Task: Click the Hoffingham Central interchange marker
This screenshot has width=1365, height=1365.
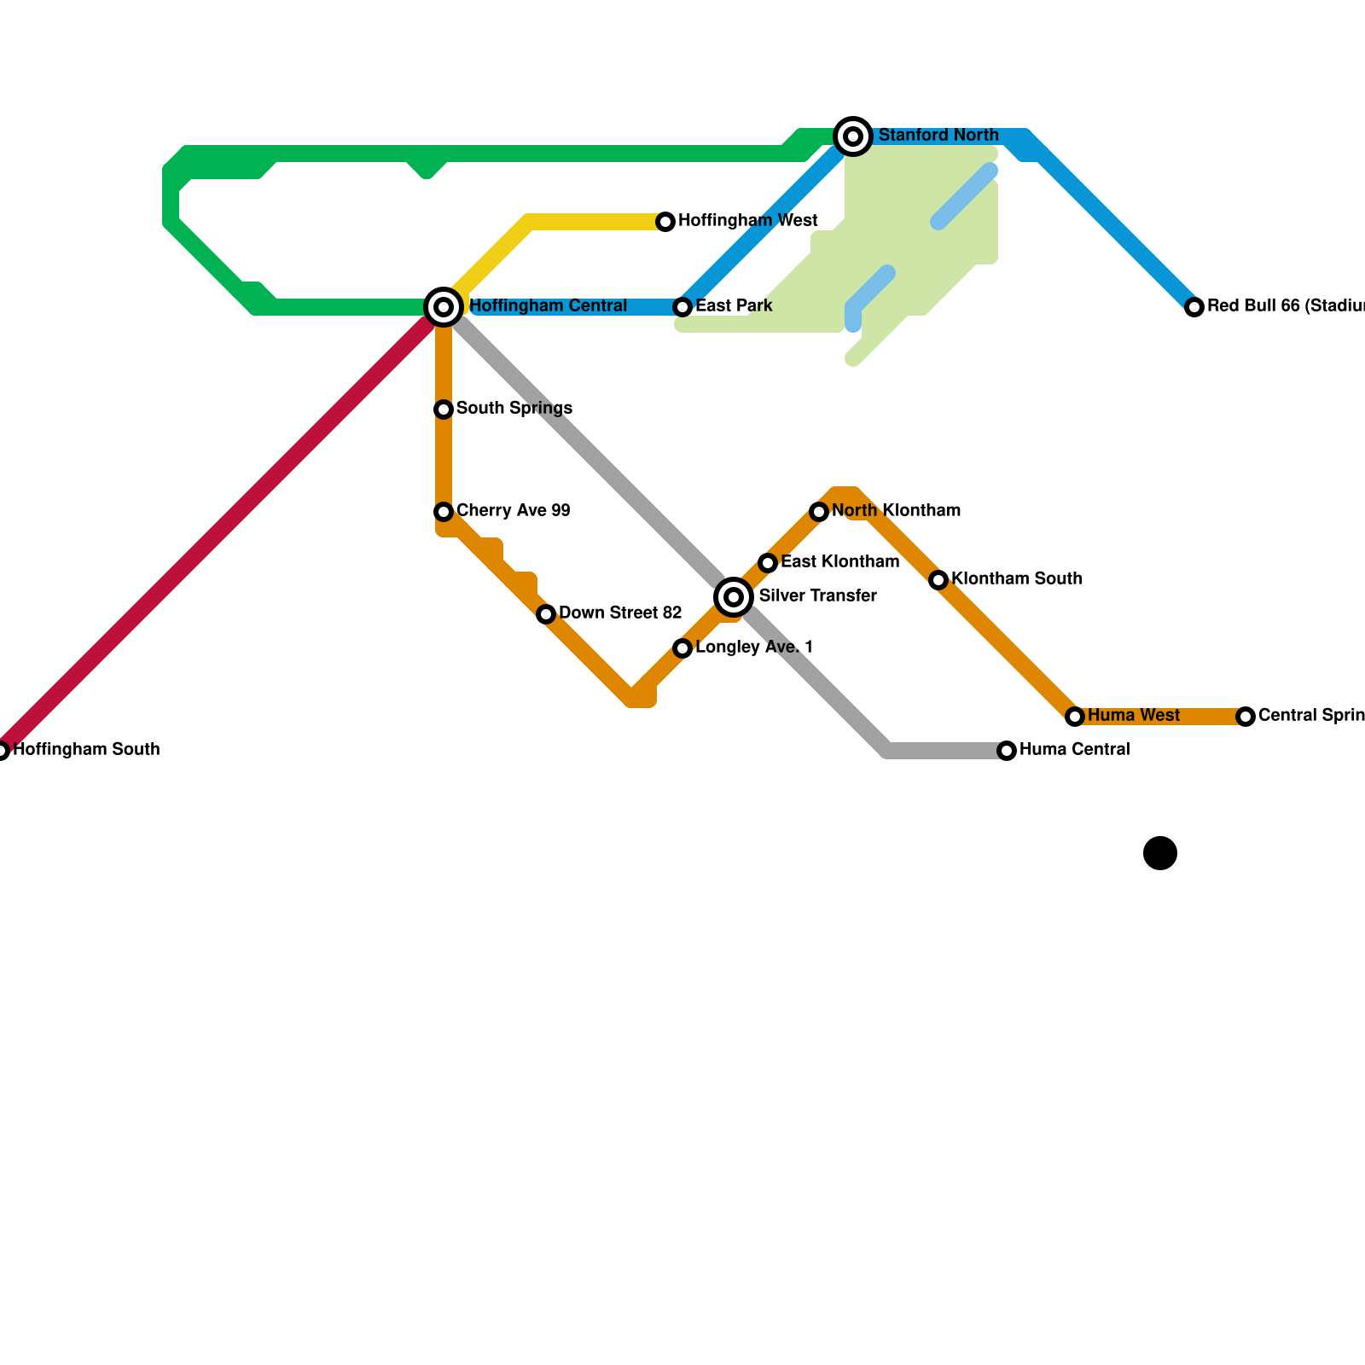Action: (x=444, y=306)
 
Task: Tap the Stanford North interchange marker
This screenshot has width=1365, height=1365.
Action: (x=852, y=136)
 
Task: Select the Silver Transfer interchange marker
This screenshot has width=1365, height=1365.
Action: (x=734, y=596)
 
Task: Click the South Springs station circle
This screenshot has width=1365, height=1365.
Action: (x=444, y=409)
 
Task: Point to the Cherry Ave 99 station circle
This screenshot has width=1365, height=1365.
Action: (x=444, y=512)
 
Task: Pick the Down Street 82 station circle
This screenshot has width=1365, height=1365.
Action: (x=546, y=614)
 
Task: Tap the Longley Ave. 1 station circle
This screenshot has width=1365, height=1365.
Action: (x=682, y=648)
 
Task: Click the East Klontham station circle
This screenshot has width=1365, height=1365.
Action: (x=768, y=563)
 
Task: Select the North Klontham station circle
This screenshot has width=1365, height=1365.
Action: (x=819, y=512)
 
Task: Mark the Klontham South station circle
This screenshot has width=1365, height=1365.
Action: (x=938, y=580)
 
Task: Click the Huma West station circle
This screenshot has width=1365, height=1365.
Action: (x=1075, y=717)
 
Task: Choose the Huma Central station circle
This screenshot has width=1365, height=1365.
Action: (x=1007, y=751)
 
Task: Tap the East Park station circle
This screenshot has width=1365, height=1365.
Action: (x=682, y=307)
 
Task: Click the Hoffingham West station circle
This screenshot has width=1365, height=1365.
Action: (x=665, y=222)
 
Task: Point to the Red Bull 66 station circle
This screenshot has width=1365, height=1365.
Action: (x=1194, y=307)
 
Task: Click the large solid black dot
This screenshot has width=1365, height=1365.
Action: (x=1160, y=853)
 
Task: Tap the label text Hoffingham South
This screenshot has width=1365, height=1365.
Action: (x=86, y=750)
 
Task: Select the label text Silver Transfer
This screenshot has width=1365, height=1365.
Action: (x=817, y=596)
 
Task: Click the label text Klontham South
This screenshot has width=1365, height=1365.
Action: (x=1017, y=579)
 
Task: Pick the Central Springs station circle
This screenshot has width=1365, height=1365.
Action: (x=1246, y=717)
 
